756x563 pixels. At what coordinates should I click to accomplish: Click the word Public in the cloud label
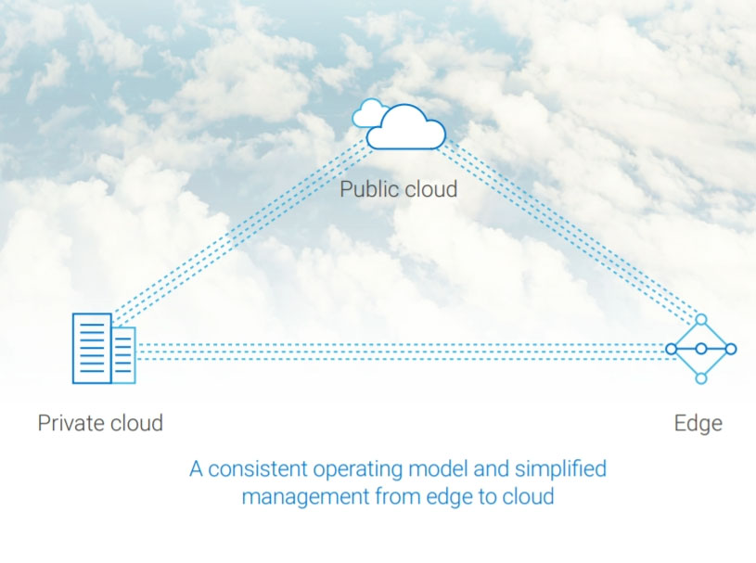pos(367,190)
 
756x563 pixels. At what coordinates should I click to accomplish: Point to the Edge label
pos(698,424)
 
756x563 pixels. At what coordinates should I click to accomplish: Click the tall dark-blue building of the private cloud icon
pos(92,348)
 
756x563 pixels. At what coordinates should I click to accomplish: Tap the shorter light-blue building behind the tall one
pos(124,354)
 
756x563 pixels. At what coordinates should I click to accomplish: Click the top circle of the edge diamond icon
pos(701,319)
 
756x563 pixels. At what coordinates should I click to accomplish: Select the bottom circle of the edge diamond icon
pos(701,378)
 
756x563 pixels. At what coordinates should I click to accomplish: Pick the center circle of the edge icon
pos(701,349)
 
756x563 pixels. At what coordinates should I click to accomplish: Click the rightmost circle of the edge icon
pos(731,349)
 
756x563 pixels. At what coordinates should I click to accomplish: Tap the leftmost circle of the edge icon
pos(671,349)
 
